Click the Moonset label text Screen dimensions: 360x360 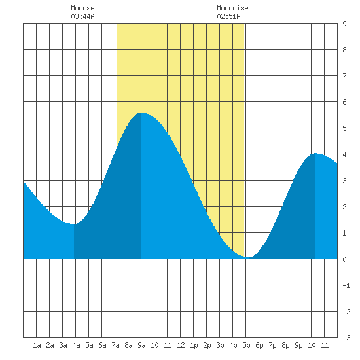tap(84, 8)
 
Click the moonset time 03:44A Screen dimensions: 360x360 tap(82, 16)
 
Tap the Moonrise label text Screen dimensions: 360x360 tap(232, 8)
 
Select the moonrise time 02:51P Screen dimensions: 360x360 tap(228, 16)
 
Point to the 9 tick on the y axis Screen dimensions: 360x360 tap(344, 24)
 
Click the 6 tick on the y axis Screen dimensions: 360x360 tap(344, 102)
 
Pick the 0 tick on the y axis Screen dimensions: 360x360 tap(344, 259)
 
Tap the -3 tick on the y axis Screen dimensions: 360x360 tap(346, 338)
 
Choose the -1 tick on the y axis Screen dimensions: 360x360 tap(346, 285)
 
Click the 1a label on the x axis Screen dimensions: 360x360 tap(37, 345)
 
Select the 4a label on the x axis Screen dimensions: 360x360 tap(76, 345)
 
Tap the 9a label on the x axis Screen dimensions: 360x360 tap(141, 345)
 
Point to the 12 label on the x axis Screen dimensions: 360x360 tap(181, 345)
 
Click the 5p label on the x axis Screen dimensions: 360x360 tap(246, 345)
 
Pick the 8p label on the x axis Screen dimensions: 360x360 tap(285, 345)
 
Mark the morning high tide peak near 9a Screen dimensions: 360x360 tap(141, 113)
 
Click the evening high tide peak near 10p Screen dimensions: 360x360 tap(315, 153)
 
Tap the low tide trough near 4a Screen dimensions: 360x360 tap(74, 224)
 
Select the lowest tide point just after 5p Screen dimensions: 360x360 tap(249, 257)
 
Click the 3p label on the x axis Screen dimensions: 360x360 tap(220, 345)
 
